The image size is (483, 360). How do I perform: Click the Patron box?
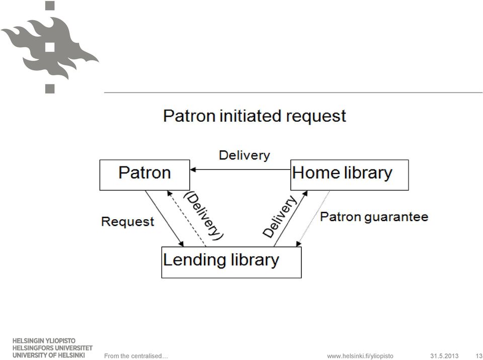pos(145,175)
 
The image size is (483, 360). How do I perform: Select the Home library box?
pos(350,175)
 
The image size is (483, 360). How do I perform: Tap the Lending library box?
pos(231,262)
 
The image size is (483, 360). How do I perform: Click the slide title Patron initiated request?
pos(255,116)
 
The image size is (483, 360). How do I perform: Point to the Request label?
pos(127,222)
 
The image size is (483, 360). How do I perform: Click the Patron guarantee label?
pos(374,217)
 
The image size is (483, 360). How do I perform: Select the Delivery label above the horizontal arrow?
pos(245,155)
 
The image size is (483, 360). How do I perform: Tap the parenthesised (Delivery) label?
pos(204,216)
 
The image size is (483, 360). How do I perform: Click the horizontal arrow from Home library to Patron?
pos(240,169)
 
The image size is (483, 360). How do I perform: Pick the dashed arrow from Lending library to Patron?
pos(187,219)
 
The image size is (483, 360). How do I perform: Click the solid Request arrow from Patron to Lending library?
pos(165,219)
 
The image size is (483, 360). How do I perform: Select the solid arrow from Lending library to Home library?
pos(290,219)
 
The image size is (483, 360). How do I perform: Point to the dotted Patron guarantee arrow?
pos(313,219)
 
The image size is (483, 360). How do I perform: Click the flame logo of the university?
pos(50,47)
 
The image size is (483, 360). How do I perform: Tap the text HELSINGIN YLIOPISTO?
pos(44,341)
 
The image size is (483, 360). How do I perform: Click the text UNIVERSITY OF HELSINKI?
pos(49,355)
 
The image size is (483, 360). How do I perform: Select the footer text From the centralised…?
pos(136,356)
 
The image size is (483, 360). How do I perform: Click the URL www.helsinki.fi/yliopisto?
pos(360,356)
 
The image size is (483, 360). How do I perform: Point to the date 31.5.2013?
pos(444,356)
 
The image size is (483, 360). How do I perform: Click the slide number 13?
pos(479,356)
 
